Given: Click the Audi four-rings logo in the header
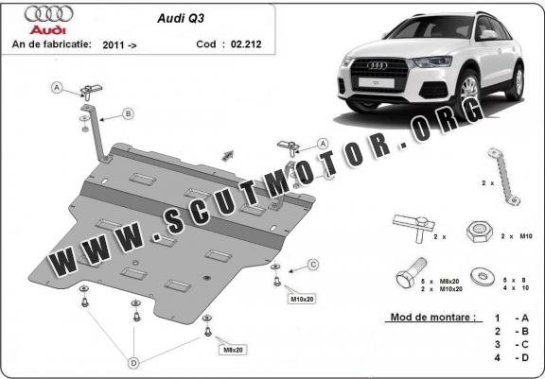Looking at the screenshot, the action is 48,14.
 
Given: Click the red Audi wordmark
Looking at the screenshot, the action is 48,30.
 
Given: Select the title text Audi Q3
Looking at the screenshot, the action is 181,18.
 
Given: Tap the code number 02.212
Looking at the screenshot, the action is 246,44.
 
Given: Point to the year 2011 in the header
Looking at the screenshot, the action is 114,44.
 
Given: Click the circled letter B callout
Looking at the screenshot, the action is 129,113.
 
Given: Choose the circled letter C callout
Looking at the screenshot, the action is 313,265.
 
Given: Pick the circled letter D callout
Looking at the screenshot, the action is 133,363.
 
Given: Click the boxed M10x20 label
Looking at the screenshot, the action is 302,299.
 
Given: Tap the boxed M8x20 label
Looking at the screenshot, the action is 233,350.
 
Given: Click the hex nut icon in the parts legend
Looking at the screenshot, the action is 480,232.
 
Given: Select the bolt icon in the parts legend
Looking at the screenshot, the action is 412,273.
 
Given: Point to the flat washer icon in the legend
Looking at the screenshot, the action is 483,277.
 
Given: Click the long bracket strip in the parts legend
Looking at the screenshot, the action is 503,177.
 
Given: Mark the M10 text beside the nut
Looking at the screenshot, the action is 526,236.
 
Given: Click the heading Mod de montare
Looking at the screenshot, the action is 433,317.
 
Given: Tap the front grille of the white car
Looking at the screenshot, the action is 379,74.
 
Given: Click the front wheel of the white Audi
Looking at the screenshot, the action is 467,93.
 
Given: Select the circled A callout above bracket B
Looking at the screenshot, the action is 57,88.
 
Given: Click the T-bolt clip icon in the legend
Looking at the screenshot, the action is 414,226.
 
